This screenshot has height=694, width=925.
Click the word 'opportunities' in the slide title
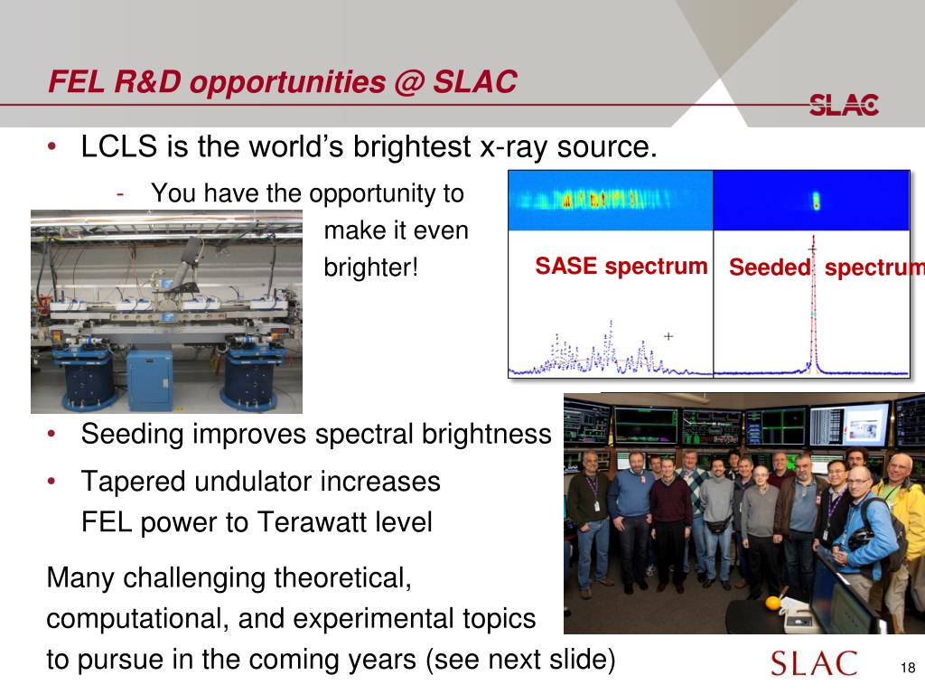click(287, 82)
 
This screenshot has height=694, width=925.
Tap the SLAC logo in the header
click(844, 105)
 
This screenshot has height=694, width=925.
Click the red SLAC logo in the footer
click(814, 663)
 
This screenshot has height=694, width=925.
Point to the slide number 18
click(908, 668)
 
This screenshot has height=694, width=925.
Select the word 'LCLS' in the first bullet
click(119, 146)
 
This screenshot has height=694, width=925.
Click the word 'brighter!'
click(371, 267)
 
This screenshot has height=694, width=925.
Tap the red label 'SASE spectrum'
click(621, 267)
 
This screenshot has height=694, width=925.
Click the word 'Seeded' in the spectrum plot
click(770, 267)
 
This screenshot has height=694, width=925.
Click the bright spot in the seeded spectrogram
click(817, 202)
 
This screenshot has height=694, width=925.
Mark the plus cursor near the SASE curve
click(668, 336)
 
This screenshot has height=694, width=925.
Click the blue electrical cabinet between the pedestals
click(151, 380)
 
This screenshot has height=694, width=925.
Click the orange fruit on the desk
click(773, 603)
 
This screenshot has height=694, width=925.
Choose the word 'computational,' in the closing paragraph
click(135, 619)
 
